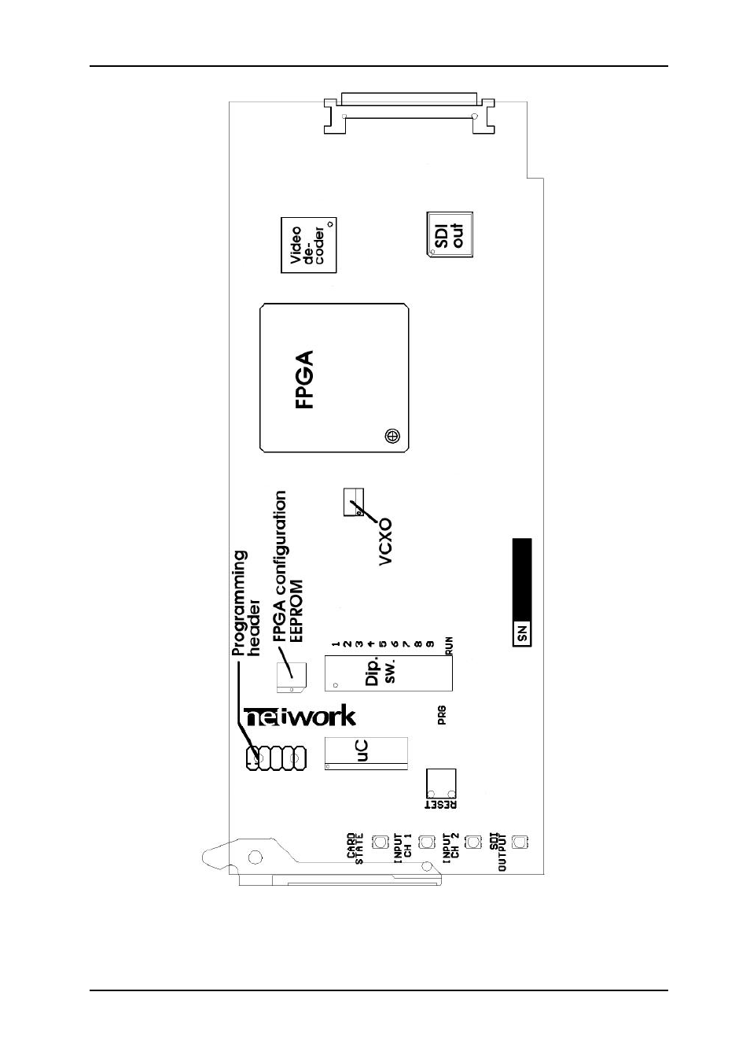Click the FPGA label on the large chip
coord(303,379)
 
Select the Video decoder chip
coord(309,245)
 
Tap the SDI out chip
coord(450,234)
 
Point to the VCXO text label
coord(385,541)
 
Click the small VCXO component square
coord(354,502)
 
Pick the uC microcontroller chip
coord(366,754)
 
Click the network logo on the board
coord(300,717)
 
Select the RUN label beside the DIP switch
coord(449,646)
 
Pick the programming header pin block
coord(276,758)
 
